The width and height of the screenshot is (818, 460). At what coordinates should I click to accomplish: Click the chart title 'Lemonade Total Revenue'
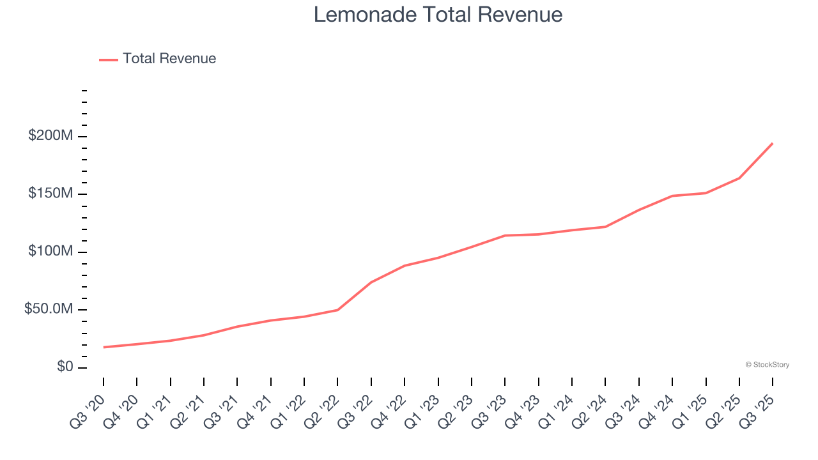(x=438, y=15)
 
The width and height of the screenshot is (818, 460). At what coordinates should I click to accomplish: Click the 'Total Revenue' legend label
(x=169, y=59)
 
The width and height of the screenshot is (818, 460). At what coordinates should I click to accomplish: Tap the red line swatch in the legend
(x=109, y=59)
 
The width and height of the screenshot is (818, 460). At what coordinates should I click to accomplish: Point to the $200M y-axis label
(x=50, y=136)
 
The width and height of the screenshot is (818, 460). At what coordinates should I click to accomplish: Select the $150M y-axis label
(x=50, y=194)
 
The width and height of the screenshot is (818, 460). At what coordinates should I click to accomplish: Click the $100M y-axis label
(x=50, y=252)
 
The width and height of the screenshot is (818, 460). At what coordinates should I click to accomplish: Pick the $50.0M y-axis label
(x=49, y=309)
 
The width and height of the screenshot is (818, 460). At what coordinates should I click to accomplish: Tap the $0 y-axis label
(x=64, y=367)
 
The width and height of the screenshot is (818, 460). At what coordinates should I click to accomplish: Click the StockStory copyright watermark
(x=767, y=365)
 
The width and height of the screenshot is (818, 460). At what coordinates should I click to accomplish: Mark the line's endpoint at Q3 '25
(x=773, y=143)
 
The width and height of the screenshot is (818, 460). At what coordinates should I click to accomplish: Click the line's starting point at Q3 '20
(x=104, y=347)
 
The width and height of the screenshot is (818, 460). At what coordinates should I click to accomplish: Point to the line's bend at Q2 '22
(x=337, y=310)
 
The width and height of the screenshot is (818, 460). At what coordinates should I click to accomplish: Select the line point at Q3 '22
(x=371, y=282)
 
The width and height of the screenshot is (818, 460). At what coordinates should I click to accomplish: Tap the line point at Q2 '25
(x=739, y=178)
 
